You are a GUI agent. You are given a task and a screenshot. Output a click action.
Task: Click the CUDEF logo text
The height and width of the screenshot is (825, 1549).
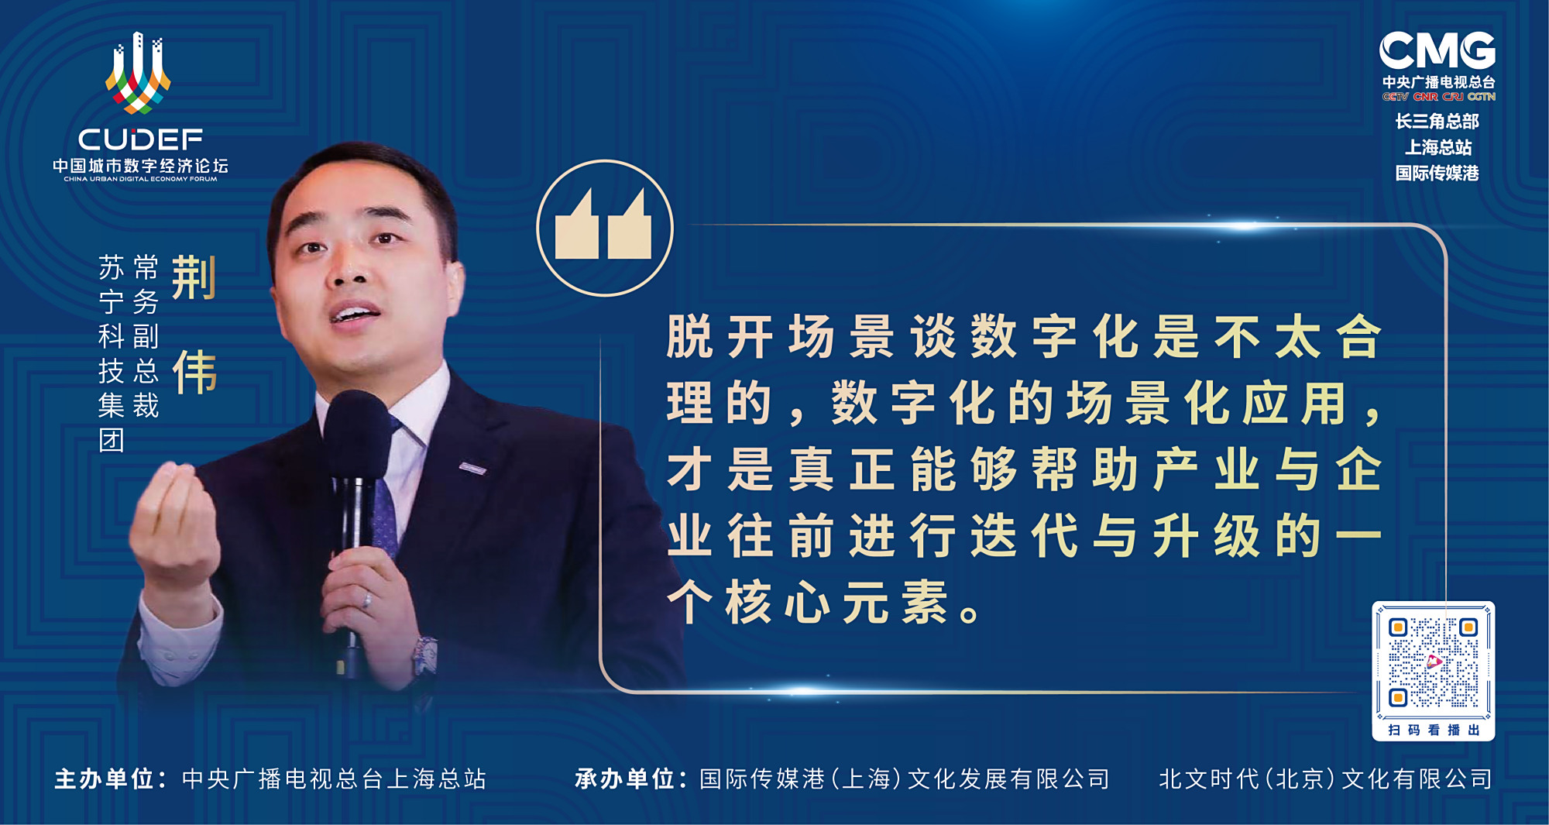pyautogui.click(x=140, y=139)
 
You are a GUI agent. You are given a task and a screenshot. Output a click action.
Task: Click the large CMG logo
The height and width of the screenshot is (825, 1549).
pyautogui.click(x=1437, y=51)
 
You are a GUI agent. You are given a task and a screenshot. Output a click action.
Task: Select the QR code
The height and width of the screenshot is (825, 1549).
pyautogui.click(x=1433, y=662)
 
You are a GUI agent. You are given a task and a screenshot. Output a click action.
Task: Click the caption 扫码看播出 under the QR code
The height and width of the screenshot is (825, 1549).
pyautogui.click(x=1434, y=730)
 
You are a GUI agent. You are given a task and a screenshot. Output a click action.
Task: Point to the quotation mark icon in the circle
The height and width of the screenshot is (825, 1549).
pyautogui.click(x=604, y=228)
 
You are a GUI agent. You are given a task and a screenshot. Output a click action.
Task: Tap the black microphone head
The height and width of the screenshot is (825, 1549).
pyautogui.click(x=355, y=434)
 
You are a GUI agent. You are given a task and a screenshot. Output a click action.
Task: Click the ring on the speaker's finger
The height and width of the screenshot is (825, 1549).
pyautogui.click(x=367, y=600)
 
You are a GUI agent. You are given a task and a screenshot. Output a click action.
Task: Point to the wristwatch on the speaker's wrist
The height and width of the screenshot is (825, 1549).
pyautogui.click(x=424, y=655)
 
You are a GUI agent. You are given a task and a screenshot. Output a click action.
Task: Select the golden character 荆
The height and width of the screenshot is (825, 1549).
pyautogui.click(x=194, y=277)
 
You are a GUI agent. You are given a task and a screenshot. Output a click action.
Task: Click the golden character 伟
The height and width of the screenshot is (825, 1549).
pyautogui.click(x=194, y=372)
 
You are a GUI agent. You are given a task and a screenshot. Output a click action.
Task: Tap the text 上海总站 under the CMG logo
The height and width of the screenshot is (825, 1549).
pyautogui.click(x=1438, y=147)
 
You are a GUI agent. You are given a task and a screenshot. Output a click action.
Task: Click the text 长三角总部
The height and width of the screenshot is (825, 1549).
pyautogui.click(x=1437, y=121)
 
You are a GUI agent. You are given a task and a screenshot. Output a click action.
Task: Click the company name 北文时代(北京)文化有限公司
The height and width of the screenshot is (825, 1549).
pyautogui.click(x=1325, y=779)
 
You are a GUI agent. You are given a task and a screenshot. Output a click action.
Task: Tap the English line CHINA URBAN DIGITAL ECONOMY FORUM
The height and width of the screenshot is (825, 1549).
pyautogui.click(x=140, y=179)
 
